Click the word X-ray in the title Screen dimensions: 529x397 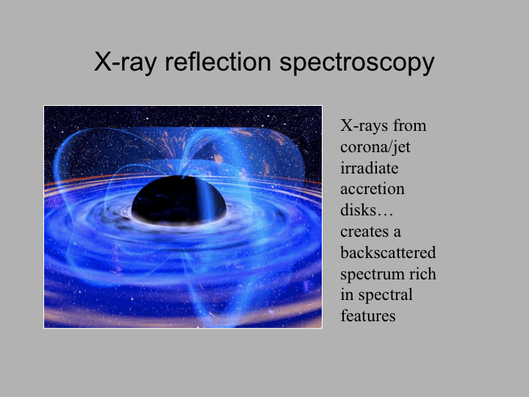pos(125,62)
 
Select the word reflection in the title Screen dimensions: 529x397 pos(218,62)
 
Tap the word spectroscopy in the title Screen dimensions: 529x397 pos(357,63)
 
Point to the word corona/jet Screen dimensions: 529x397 pos(375,147)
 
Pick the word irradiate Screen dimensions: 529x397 pos(369,168)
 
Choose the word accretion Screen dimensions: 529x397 pos(372,190)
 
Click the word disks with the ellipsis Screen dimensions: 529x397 pos(367,210)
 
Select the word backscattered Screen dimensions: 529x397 pos(388,252)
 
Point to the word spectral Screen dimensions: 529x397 pos(385,296)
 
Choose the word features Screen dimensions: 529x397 pos(368,316)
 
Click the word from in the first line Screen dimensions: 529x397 pos(409,126)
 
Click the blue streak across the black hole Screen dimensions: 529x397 pos(206,199)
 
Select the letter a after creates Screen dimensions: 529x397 pos(397,232)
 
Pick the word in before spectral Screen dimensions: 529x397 pos(347,295)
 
